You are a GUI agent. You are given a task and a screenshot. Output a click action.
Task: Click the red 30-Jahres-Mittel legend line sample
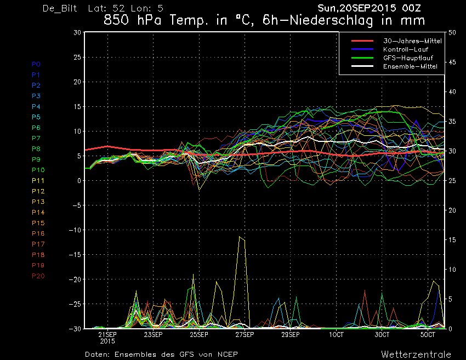tap(362, 41)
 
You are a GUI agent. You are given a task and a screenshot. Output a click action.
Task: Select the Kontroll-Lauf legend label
tap(406, 49)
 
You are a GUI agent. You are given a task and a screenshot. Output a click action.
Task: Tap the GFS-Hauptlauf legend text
tap(408, 58)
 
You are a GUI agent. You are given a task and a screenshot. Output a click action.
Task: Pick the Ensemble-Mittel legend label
tap(410, 66)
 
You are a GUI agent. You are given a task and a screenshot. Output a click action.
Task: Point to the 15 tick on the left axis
tap(77, 106)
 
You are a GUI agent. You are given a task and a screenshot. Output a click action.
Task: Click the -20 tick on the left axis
tap(75, 279)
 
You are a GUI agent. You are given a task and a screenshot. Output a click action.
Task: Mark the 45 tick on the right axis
tap(452, 62)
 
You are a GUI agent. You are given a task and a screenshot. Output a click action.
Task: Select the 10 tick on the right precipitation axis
tap(452, 270)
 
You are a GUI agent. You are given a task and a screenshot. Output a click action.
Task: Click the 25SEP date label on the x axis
tap(199, 335)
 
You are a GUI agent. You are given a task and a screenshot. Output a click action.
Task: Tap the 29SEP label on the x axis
tap(291, 335)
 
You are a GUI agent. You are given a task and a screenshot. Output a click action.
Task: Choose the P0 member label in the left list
tap(36, 64)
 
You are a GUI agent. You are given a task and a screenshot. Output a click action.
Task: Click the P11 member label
tap(38, 181)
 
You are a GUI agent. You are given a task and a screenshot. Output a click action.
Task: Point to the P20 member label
tap(38, 276)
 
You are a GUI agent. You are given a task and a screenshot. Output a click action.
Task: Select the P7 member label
tap(36, 138)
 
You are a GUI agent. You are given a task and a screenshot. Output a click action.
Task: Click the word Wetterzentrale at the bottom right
tap(416, 355)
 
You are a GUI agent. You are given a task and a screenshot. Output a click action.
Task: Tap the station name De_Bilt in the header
tap(60, 8)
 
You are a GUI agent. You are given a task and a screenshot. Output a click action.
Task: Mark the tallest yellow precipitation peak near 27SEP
tap(239, 237)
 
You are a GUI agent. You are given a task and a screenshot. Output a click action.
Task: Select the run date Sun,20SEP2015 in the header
tap(357, 8)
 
